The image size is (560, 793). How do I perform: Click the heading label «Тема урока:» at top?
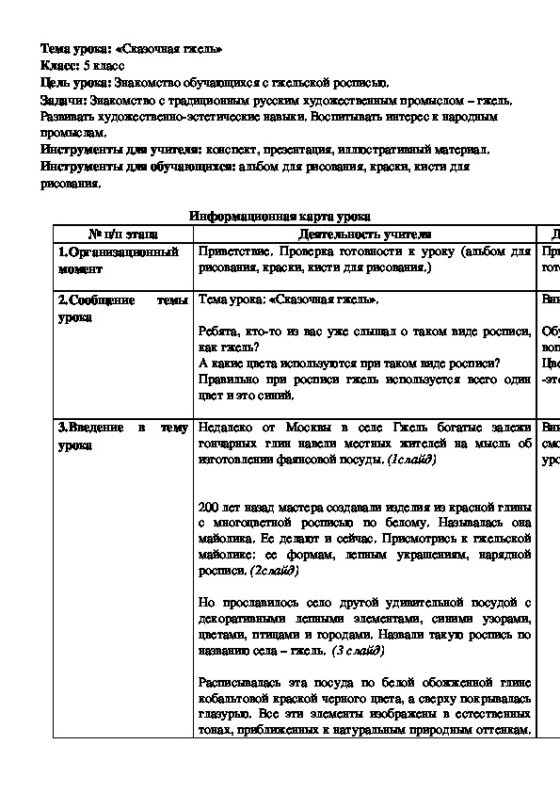[77, 48]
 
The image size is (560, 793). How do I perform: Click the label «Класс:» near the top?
[60, 65]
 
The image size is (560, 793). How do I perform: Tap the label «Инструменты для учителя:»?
[120, 149]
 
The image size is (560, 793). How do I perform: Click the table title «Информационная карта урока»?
[280, 216]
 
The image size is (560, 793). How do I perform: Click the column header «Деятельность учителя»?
[363, 233]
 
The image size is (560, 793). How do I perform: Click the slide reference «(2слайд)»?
[274, 571]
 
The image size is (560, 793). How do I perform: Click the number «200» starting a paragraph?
[210, 506]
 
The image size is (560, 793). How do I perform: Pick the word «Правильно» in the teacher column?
[229, 380]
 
